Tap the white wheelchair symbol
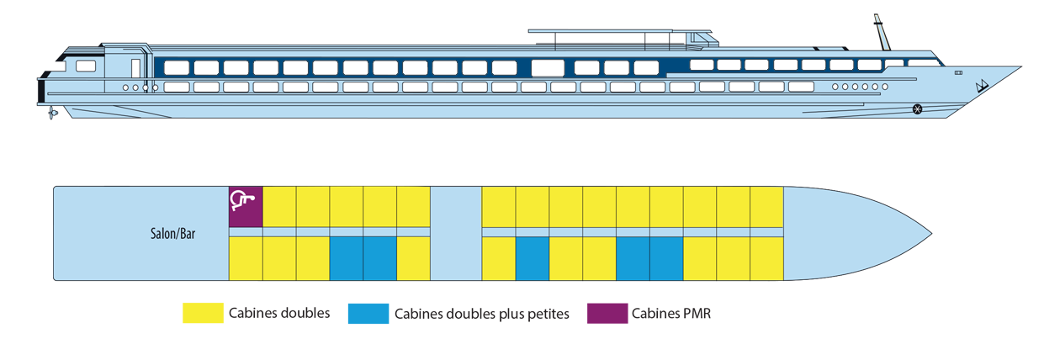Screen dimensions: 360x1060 click(x=241, y=200)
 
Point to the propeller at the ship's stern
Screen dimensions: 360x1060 click(x=53, y=111)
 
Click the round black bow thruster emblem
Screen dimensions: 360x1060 click(x=918, y=107)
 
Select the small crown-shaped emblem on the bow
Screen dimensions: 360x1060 click(x=981, y=86)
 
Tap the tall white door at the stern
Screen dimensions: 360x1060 click(x=136, y=67)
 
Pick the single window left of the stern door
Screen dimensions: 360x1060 click(x=86, y=66)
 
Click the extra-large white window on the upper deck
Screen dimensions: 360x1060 click(x=547, y=67)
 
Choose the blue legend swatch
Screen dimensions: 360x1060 click(x=365, y=326)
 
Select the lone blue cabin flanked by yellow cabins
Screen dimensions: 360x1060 click(x=532, y=257)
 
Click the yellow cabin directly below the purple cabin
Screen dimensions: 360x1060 click(x=246, y=257)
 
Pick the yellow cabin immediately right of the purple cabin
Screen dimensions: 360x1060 click(x=279, y=206)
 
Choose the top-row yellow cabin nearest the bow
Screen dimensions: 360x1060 click(x=766, y=206)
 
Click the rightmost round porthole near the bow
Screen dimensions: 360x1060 click(x=885, y=87)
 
